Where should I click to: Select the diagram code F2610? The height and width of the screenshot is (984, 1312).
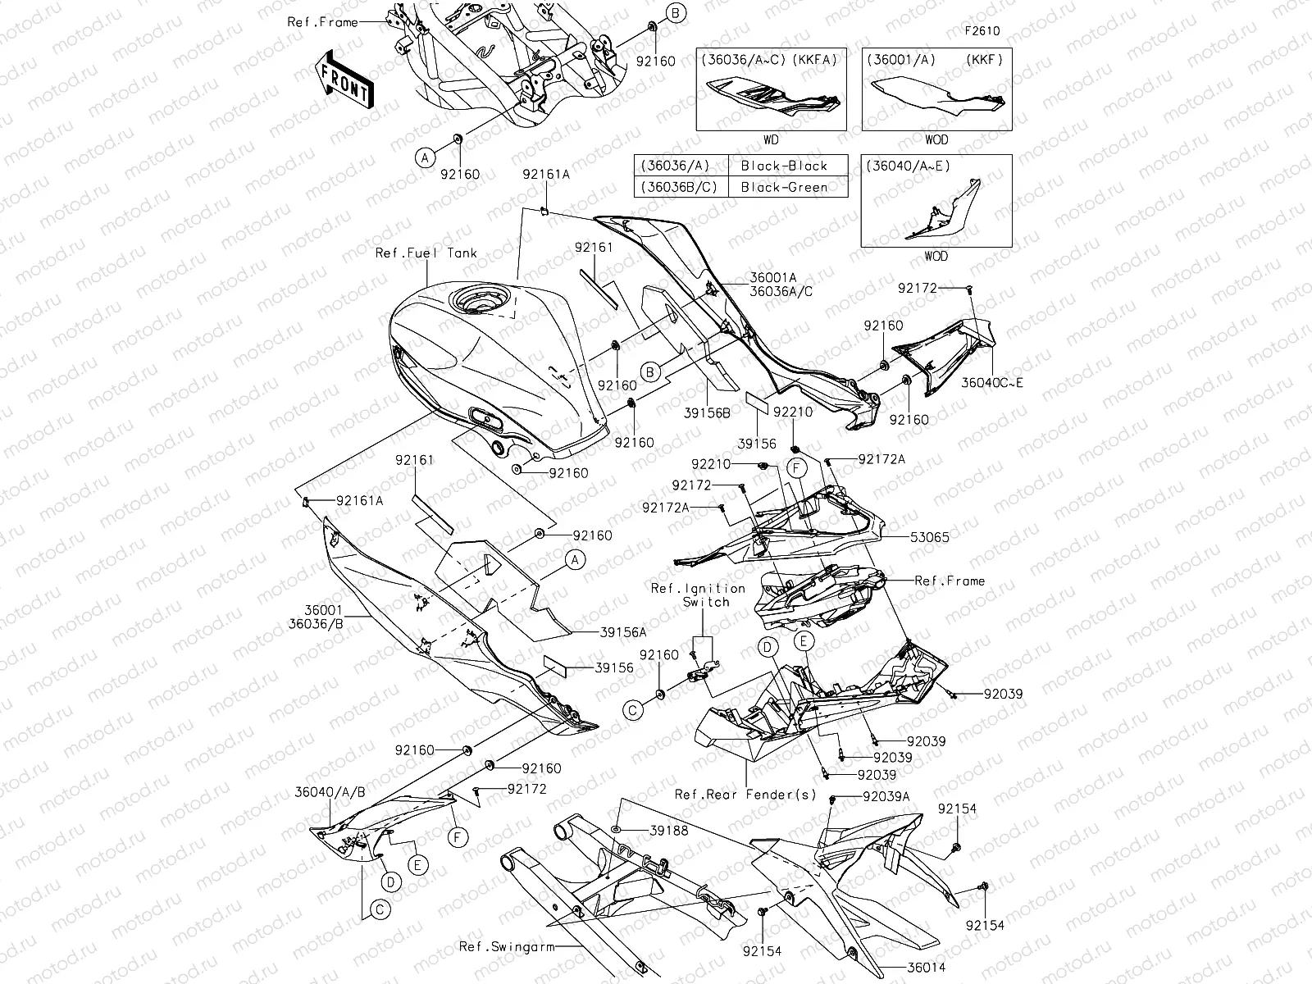tap(982, 31)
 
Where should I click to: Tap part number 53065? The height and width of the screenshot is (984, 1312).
tap(929, 538)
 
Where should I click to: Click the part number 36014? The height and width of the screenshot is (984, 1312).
tap(926, 968)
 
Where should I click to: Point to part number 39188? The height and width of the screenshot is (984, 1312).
tap(668, 831)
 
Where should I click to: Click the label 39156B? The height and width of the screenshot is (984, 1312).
tap(706, 413)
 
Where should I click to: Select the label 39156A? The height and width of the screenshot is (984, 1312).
tap(623, 632)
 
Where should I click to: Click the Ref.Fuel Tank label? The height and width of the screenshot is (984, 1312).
tap(426, 253)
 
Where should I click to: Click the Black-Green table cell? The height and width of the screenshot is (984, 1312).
tap(783, 187)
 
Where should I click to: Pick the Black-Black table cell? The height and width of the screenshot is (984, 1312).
tap(783, 166)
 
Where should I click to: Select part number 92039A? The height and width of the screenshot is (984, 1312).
tap(885, 796)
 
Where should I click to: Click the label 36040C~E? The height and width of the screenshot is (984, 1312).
tap(992, 382)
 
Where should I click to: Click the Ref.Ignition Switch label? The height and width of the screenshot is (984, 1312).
tap(698, 595)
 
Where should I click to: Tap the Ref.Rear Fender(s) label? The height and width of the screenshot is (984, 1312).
tap(745, 794)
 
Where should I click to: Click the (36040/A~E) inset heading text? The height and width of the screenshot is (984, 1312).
tap(908, 166)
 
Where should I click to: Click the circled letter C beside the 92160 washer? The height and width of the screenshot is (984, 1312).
tap(633, 710)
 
